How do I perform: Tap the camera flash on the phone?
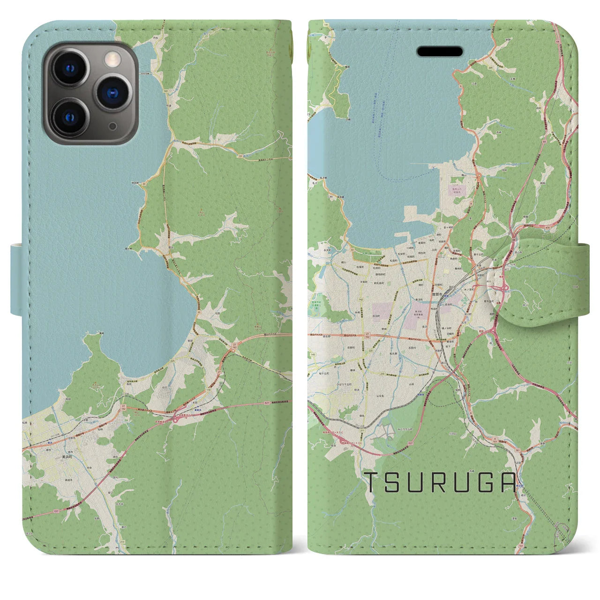(112, 59)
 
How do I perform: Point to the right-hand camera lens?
(112, 92)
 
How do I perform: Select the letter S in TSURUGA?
(394, 483)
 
